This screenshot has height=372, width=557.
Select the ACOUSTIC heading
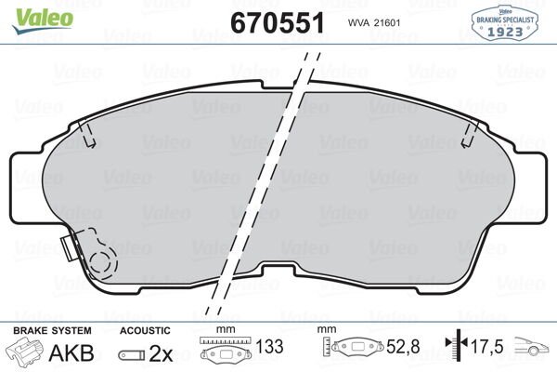point(145,331)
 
